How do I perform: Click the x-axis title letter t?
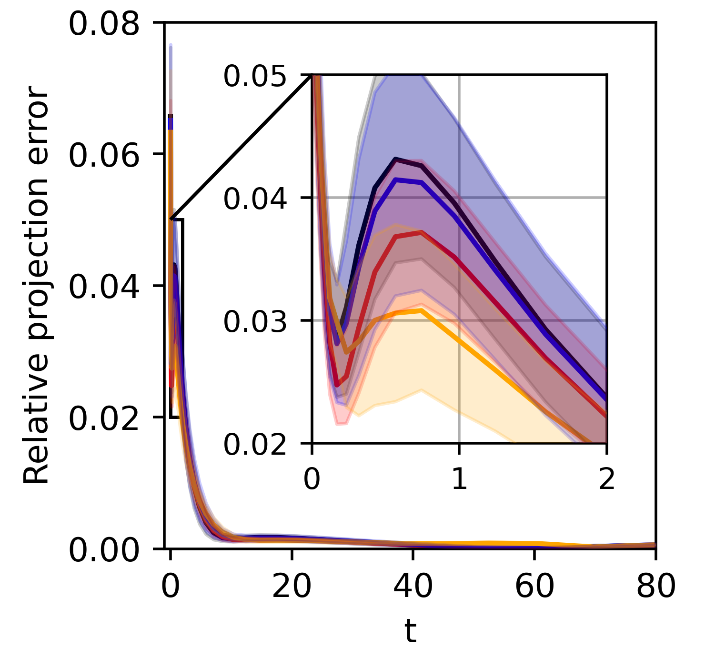pyautogui.click(x=410, y=631)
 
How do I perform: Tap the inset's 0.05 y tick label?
pyautogui.click(x=256, y=76)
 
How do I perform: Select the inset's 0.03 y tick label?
pyautogui.click(x=256, y=321)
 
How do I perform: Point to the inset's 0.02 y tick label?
pyautogui.click(x=256, y=444)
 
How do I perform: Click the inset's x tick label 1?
pyautogui.click(x=459, y=479)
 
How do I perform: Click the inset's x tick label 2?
pyautogui.click(x=606, y=479)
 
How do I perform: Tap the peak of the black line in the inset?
pyautogui.click(x=395, y=159)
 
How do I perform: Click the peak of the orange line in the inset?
pyautogui.click(x=421, y=310)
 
